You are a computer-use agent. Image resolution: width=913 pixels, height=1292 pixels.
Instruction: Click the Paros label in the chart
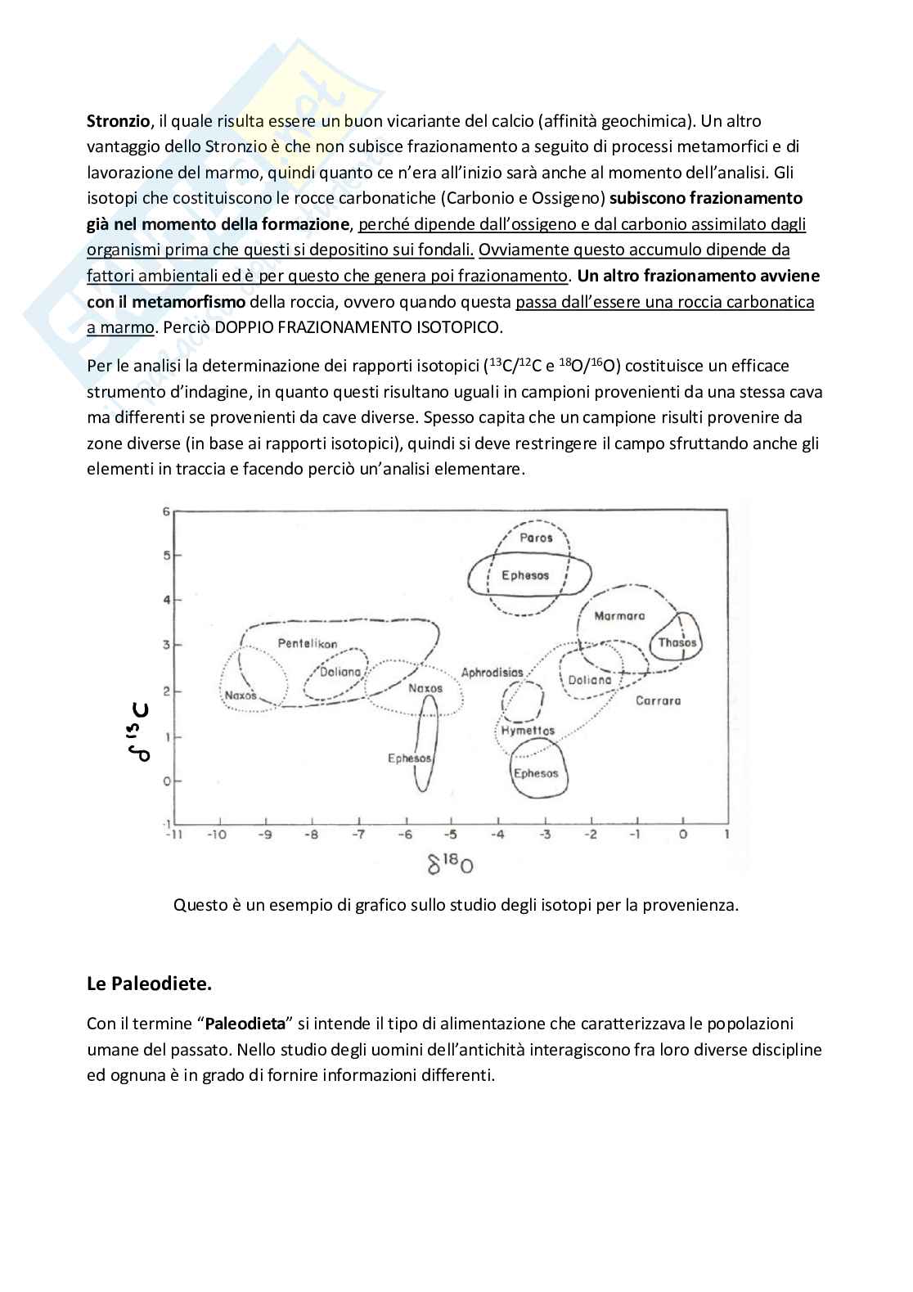point(536,538)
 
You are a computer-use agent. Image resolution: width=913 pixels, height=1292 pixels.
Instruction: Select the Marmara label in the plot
point(619,615)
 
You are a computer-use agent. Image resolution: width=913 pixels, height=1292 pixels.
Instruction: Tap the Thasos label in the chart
point(677,642)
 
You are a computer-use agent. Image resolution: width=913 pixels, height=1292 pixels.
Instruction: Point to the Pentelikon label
point(308,643)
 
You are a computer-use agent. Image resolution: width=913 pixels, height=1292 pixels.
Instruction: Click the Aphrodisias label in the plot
point(492,673)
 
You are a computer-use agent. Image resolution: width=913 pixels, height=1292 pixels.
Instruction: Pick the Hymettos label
point(528,730)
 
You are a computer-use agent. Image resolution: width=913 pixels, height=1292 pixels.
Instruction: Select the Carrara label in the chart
point(658,700)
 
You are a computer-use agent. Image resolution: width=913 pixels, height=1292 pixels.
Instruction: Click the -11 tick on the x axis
point(173,835)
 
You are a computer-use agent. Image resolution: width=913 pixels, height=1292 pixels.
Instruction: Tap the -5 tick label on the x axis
point(451,835)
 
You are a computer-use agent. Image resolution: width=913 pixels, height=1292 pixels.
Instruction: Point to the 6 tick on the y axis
point(166,512)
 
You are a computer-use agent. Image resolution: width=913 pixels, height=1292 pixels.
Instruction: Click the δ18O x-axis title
point(451,862)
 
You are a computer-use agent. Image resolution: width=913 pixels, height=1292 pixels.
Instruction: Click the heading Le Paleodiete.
point(149,984)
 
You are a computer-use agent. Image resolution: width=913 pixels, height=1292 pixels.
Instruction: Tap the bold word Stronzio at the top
point(119,121)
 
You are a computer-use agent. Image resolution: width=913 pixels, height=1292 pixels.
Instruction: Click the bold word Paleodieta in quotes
point(245,1024)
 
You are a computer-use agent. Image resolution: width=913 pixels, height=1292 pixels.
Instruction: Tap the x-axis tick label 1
point(726,835)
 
